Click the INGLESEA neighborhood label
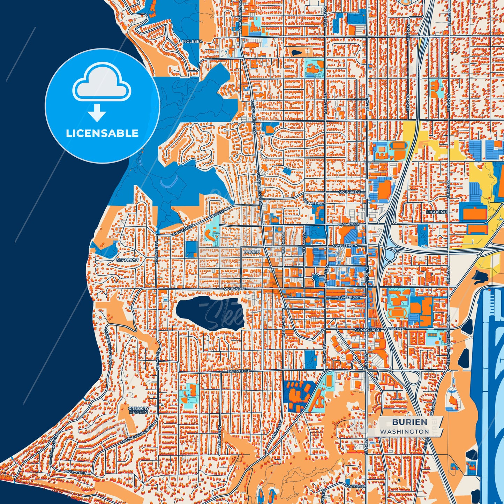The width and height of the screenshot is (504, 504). tap(192, 42)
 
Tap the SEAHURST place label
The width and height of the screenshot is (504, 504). tap(128, 260)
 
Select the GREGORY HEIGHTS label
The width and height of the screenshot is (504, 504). tap(139, 410)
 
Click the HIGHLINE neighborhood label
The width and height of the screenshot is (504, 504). tap(436, 212)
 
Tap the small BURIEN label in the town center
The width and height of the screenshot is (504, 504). tap(252, 251)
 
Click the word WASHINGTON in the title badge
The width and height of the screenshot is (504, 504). tap(405, 431)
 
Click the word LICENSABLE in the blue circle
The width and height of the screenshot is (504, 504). tap(102, 133)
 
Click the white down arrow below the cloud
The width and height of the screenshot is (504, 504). tap(97, 113)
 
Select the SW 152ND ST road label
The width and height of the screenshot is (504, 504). tap(235, 289)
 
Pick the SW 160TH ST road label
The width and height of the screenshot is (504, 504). tap(239, 371)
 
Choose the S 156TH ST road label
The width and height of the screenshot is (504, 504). tap(397, 329)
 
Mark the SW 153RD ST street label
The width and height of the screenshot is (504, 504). tap(349, 298)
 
